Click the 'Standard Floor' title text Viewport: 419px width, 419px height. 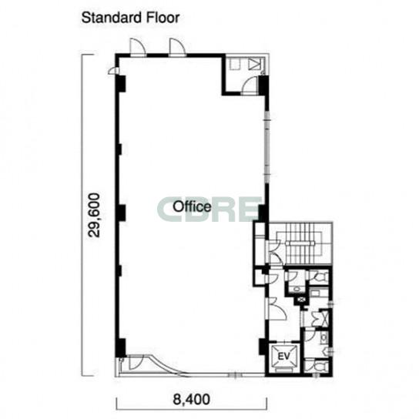coord(130,18)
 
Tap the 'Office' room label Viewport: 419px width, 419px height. coord(192,206)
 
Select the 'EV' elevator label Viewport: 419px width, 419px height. coord(283,356)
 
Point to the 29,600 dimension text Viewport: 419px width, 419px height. coord(94,215)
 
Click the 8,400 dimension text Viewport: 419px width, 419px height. coord(191,400)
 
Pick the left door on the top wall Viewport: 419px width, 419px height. coord(138,48)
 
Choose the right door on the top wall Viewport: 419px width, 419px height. coord(177,48)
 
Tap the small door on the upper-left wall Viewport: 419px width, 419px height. coord(113,70)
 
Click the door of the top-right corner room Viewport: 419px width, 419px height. coord(250,85)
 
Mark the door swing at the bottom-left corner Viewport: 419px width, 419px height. coord(136,362)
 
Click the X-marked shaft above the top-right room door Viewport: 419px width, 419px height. coord(254,64)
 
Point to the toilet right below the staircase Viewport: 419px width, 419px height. coord(320,277)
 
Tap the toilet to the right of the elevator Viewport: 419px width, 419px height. coord(318,366)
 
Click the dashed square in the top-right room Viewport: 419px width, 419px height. coord(236,64)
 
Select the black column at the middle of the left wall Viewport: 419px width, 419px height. coord(121,213)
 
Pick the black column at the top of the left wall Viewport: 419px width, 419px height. coord(121,84)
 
